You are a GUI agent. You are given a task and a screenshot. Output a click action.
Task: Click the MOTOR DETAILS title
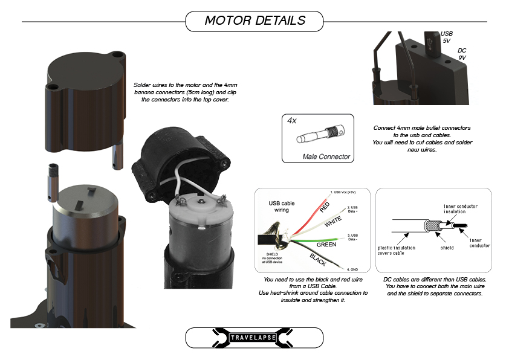255,21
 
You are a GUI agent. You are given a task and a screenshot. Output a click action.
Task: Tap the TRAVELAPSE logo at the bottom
253,338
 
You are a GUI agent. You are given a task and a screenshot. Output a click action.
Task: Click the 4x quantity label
291,121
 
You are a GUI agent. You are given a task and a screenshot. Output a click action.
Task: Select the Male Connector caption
326,156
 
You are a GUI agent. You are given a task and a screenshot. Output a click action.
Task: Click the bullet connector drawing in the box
321,133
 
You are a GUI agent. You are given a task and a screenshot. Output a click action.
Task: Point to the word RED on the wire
325,207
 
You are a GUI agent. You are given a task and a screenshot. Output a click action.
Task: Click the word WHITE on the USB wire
332,221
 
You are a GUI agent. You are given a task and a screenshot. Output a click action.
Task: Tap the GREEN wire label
326,245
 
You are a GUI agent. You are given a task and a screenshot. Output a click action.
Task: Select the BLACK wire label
317,260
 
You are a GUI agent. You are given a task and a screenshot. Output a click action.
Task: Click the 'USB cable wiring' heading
282,207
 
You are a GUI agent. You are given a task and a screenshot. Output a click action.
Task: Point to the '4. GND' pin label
352,269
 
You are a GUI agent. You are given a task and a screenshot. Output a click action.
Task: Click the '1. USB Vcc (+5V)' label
343,192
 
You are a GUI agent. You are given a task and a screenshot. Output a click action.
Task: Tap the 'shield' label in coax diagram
447,248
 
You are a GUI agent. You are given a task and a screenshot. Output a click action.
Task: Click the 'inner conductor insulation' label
460,209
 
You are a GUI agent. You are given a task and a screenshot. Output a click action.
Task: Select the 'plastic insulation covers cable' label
397,251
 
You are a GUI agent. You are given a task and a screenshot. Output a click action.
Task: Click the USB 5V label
446,37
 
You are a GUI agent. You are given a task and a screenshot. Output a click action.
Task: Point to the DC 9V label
462,54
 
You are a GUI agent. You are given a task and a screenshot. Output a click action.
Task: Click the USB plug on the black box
432,44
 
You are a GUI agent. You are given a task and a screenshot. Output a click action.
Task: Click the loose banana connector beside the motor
53,183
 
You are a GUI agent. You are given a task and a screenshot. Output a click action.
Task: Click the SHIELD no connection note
272,258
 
